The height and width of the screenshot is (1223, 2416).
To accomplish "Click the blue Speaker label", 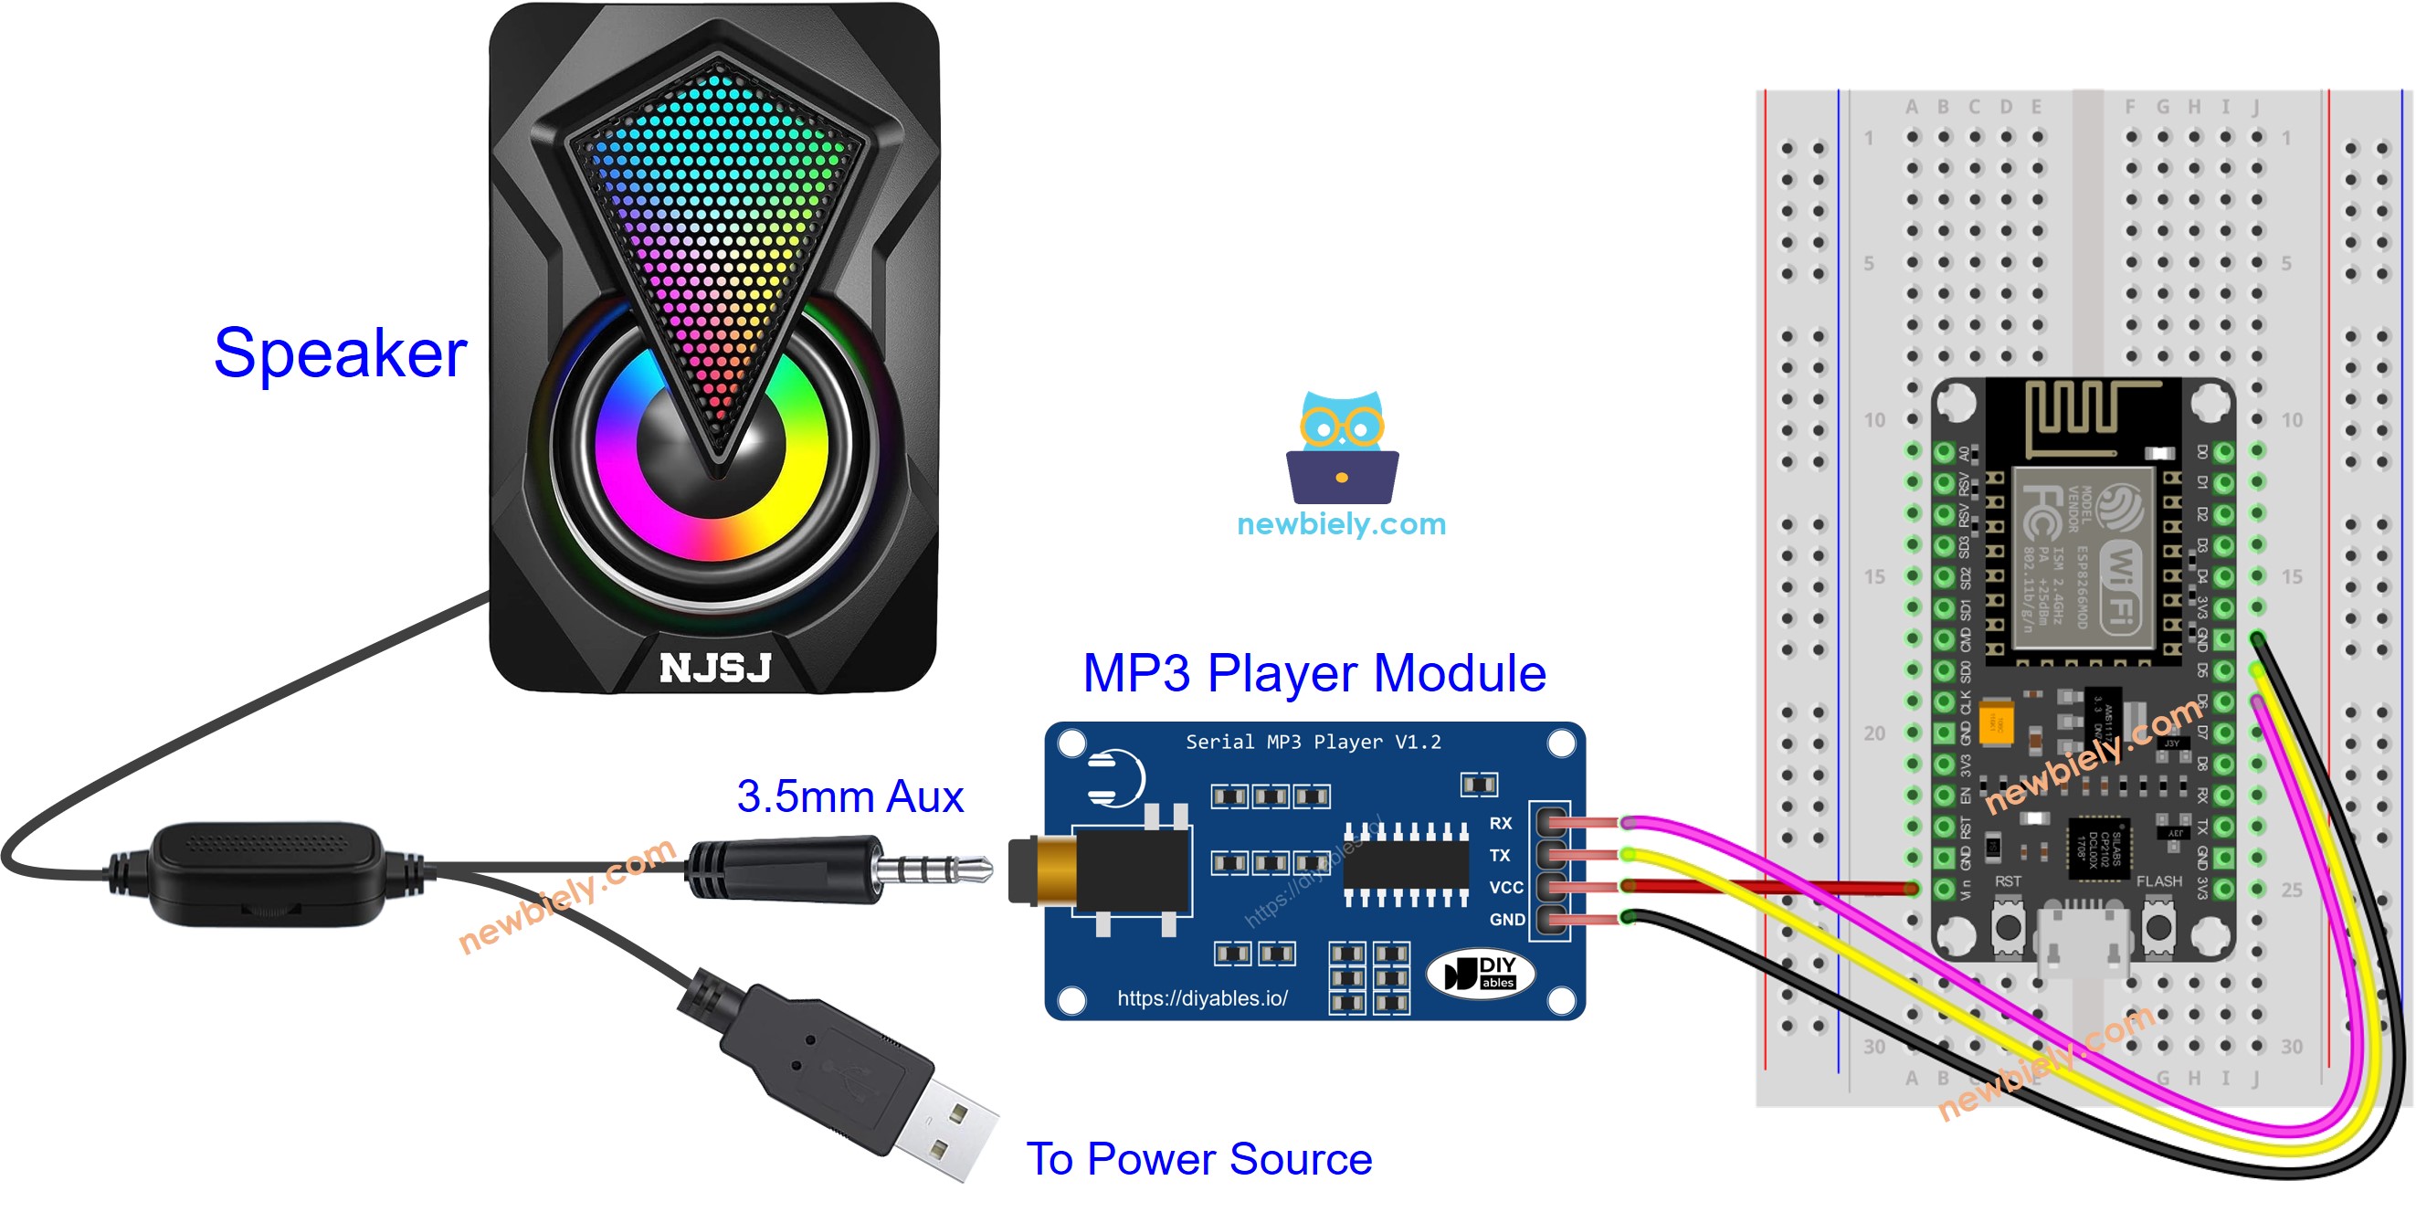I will pos(340,353).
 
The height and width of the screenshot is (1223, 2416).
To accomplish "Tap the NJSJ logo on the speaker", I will pos(714,668).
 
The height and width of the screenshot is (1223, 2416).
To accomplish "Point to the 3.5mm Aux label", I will pos(849,796).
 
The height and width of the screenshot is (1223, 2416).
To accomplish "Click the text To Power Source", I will pos(1198,1158).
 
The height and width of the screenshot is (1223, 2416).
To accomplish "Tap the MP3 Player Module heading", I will pos(1314,672).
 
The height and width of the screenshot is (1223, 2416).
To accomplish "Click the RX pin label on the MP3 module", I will pos(1500,823).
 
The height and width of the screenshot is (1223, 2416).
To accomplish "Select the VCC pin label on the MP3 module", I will pos(1505,886).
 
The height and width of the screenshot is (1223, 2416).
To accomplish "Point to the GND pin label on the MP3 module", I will pos(1506,919).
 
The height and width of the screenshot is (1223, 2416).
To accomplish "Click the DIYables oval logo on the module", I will pos(1479,973).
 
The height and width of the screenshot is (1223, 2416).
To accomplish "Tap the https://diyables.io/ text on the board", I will pos(1201,998).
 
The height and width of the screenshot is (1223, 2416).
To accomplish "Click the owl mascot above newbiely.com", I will pos(1341,448).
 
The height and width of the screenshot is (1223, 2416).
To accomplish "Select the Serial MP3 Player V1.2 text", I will pos(1314,742).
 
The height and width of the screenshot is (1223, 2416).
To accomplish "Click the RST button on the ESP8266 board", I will pos(2007,925).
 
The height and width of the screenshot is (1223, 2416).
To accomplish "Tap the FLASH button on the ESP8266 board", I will pos(2158,925).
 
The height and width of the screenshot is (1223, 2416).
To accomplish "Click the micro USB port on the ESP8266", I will pos(2082,938).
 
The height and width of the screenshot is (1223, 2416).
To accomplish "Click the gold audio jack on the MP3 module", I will pos(1050,871).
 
